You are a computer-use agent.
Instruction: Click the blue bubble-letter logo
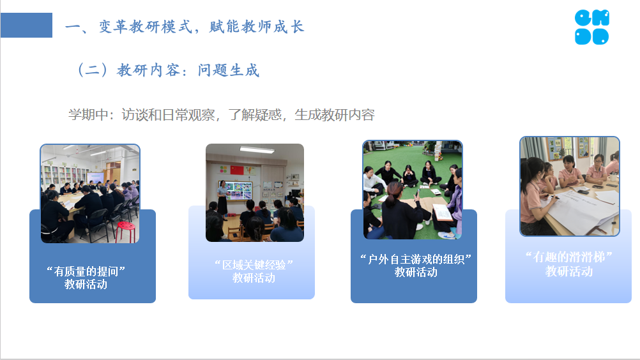tap(592, 27)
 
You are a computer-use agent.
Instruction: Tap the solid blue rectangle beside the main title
tap(27, 26)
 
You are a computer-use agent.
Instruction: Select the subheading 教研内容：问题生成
tap(188, 70)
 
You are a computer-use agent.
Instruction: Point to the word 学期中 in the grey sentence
tap(88, 114)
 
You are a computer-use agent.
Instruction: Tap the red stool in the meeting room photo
tap(126, 232)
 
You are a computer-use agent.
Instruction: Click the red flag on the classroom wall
tap(237, 170)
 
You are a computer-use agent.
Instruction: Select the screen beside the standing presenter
tap(238, 191)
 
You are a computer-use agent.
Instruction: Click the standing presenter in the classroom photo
tap(222, 198)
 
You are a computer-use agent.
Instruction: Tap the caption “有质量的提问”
tap(86, 271)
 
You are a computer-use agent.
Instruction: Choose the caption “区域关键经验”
tap(254, 265)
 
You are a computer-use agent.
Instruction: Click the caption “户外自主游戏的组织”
tap(416, 259)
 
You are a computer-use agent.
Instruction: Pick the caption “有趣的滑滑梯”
tap(569, 257)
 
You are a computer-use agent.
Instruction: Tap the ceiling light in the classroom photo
tap(257, 149)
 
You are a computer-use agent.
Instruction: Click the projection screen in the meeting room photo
tap(95, 177)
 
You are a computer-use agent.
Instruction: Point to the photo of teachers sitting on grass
tap(413, 190)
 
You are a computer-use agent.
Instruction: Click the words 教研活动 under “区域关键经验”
tap(254, 278)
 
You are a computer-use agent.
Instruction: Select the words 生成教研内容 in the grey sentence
tap(335, 114)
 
